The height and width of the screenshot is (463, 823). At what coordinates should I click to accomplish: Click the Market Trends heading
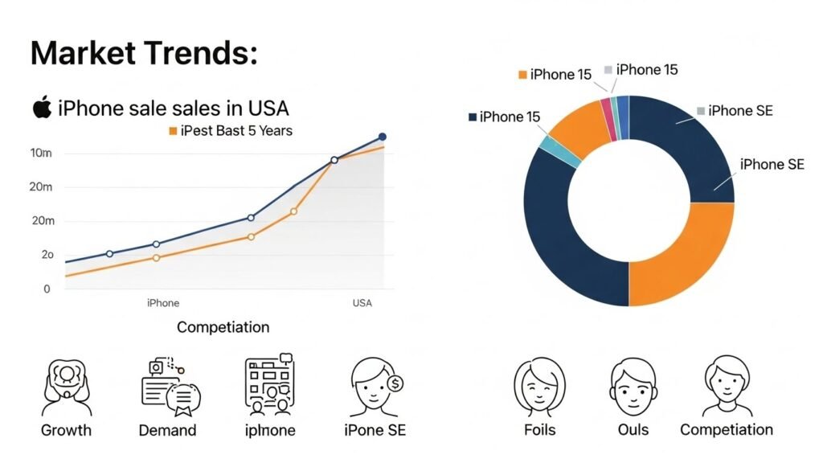(144, 53)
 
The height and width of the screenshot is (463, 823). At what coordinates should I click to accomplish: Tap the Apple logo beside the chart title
(42, 107)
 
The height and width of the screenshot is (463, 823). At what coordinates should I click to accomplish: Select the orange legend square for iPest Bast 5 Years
(172, 130)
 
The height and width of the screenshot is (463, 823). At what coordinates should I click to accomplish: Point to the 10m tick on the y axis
(40, 153)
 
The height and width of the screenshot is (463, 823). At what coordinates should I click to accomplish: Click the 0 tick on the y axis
(47, 289)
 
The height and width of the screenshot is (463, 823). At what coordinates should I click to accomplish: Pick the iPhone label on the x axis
(163, 303)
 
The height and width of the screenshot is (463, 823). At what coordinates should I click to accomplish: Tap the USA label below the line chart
(362, 303)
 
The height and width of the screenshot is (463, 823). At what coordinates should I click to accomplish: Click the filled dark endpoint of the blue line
(382, 137)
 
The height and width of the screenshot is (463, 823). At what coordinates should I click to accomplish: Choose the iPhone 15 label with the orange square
(555, 75)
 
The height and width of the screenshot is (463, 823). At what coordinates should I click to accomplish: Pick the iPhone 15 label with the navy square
(504, 117)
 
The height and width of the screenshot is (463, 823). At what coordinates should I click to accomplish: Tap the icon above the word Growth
(66, 387)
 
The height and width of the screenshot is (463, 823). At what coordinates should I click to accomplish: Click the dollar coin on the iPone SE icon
(395, 383)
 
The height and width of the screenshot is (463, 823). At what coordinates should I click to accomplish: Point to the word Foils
(539, 430)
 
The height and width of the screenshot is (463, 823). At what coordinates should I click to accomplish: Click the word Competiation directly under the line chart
(223, 327)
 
